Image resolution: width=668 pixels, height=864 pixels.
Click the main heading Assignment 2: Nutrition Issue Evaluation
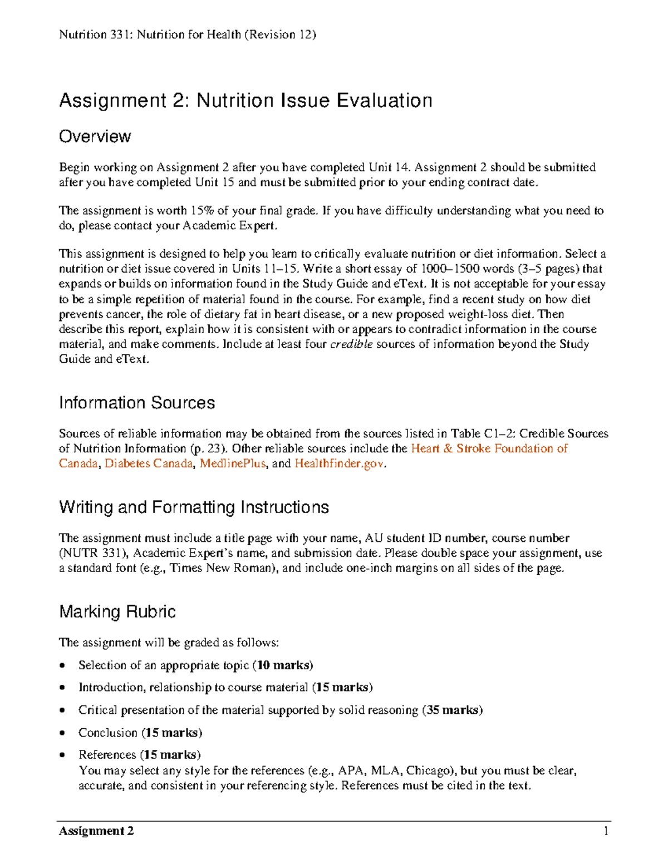245,101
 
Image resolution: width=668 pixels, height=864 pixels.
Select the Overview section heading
95,137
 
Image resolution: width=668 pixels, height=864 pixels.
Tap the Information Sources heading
137,403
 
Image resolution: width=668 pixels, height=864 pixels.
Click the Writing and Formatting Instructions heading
194,507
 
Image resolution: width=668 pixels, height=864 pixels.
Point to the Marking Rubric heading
117,612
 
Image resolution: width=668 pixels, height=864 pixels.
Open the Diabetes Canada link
149,463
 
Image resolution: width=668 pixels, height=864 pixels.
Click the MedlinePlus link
233,463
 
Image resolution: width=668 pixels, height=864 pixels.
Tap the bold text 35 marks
453,710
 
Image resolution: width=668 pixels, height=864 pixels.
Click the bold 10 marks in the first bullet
283,665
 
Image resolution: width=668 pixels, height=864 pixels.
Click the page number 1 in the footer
606,831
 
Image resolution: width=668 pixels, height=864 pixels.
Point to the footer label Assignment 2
96,831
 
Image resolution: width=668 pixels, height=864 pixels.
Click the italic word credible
351,344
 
